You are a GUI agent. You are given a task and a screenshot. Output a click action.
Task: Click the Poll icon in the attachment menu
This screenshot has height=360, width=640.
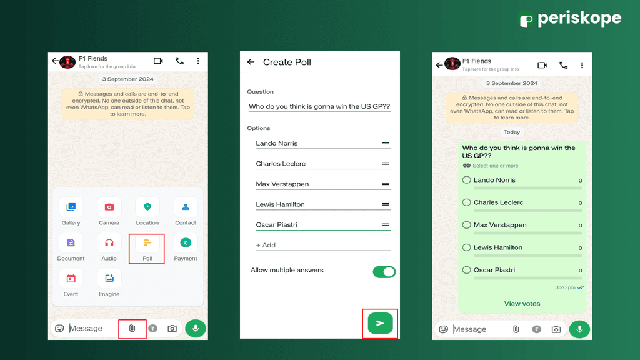(147, 243)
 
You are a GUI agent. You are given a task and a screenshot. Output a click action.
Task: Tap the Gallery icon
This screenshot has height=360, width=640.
(71, 207)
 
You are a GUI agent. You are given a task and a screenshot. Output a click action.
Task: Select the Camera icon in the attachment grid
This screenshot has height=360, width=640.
(109, 207)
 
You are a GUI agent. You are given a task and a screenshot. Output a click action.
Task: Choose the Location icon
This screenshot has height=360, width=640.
(147, 207)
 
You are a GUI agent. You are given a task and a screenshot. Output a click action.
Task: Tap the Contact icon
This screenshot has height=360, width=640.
(186, 207)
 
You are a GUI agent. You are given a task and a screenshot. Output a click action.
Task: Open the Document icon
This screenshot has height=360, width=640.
(71, 243)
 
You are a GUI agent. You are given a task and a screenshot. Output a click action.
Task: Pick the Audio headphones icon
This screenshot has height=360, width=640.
(109, 243)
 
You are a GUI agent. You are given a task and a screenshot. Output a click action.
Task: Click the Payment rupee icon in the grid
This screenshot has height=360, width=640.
(186, 243)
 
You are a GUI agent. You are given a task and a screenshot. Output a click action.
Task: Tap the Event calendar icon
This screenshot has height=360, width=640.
(71, 279)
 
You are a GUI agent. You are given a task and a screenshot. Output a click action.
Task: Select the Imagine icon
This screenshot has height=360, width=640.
(109, 279)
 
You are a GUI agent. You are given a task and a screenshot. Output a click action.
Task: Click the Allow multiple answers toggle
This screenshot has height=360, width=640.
(384, 272)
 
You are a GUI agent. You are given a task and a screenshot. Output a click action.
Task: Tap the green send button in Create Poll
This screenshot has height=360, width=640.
(380, 323)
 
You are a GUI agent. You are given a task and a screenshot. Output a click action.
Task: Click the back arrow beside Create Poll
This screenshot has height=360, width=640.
(251, 62)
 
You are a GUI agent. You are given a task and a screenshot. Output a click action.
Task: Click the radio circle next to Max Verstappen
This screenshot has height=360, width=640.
(466, 225)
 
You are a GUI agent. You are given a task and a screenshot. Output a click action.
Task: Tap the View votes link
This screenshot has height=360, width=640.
(522, 304)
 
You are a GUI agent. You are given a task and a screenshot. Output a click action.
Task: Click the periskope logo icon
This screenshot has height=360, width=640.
(526, 20)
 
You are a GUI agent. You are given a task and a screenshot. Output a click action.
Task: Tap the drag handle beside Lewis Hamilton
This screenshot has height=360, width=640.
(386, 204)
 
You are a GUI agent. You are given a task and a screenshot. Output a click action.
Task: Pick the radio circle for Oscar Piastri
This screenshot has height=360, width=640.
(466, 270)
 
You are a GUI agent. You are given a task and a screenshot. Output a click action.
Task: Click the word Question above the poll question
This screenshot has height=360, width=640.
(260, 92)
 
